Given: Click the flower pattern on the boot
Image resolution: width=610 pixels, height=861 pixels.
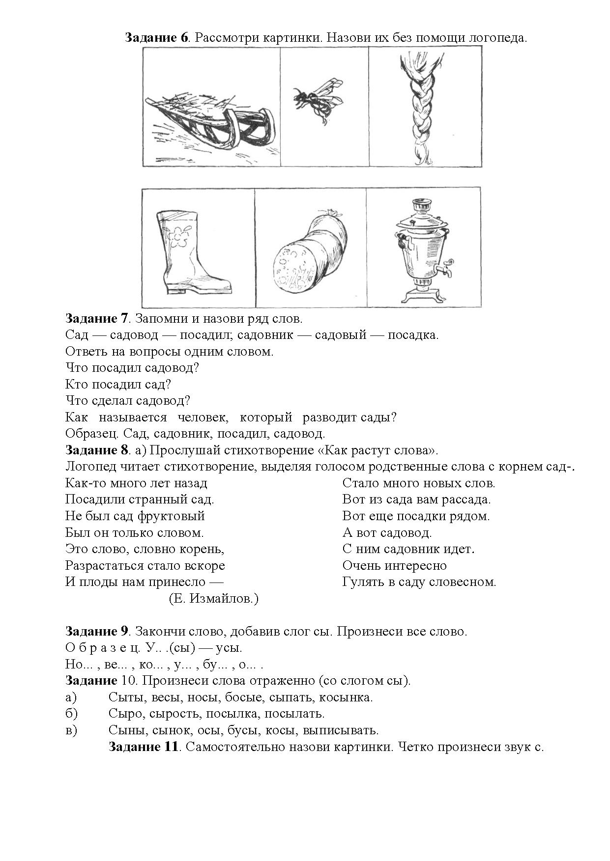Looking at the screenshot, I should tap(178, 236).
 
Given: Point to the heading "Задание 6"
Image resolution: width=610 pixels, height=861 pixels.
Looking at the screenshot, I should tap(157, 38).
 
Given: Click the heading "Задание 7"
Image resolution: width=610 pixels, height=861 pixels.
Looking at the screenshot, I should tap(97, 318).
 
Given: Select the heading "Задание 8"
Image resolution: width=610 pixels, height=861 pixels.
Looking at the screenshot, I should tap(97, 450).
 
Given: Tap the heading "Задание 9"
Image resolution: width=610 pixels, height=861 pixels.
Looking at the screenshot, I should tap(97, 631).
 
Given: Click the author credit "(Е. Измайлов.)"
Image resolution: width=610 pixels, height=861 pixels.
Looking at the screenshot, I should tap(213, 599).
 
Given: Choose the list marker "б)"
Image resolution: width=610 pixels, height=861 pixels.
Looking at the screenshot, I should tap(71, 714).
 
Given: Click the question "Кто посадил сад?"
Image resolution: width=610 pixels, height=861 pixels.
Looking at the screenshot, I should tap(118, 384).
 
